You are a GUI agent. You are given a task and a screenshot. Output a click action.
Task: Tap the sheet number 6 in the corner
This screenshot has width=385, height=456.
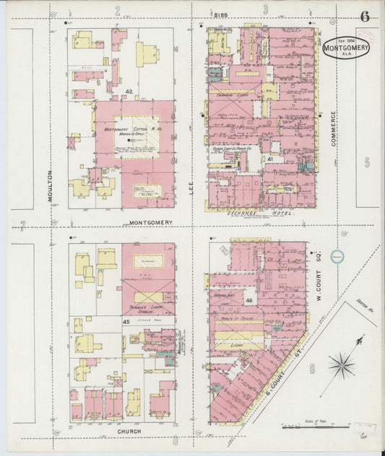(365, 17)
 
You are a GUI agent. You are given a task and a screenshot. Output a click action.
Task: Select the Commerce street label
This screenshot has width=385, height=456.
(333, 128)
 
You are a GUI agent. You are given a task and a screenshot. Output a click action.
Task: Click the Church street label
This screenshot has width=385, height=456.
(130, 431)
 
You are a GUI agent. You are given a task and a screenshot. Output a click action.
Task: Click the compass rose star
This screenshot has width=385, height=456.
(340, 365)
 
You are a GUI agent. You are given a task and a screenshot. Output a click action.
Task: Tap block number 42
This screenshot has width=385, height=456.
(129, 92)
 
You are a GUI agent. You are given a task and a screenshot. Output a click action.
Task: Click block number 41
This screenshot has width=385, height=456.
(269, 158)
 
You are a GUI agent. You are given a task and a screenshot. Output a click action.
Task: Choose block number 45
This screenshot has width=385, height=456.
(126, 322)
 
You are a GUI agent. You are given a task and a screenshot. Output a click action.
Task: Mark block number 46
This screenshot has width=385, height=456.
(248, 299)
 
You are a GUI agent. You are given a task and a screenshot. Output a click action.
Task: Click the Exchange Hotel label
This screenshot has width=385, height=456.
(250, 215)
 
